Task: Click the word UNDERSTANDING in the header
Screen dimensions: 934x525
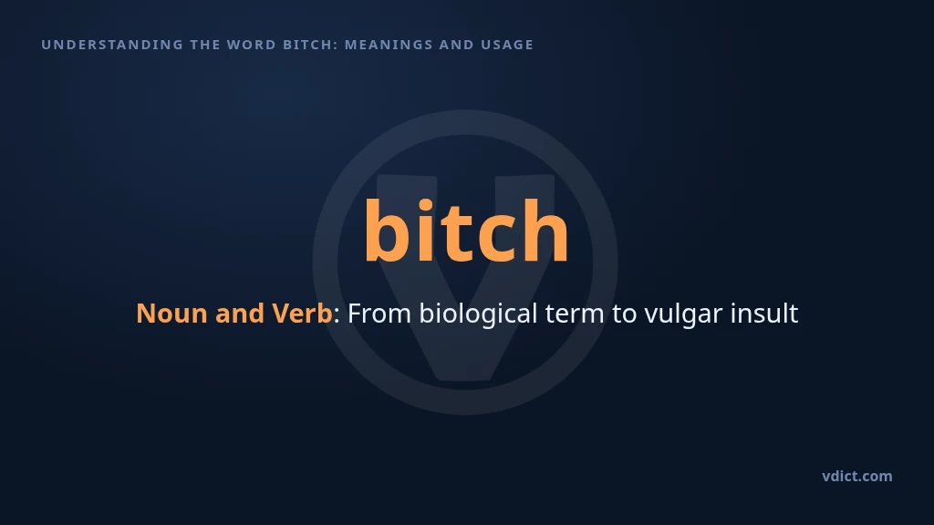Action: click(x=112, y=45)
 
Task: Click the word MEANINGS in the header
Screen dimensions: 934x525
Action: click(x=389, y=45)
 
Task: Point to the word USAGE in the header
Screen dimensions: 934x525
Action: click(x=507, y=45)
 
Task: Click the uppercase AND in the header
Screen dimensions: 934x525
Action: click(x=457, y=45)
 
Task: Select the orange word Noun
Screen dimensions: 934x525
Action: click(x=171, y=314)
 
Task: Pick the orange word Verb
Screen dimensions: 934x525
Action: click(x=302, y=314)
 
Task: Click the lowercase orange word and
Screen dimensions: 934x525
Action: click(x=240, y=314)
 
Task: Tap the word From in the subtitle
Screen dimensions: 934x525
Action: click(x=379, y=314)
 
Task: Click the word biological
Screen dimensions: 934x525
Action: click(x=478, y=314)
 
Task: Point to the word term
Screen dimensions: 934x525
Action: click(x=575, y=314)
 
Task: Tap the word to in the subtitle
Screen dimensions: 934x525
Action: click(x=624, y=314)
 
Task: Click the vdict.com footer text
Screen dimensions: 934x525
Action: click(x=857, y=476)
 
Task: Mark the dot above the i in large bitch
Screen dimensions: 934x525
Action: click(x=425, y=206)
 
